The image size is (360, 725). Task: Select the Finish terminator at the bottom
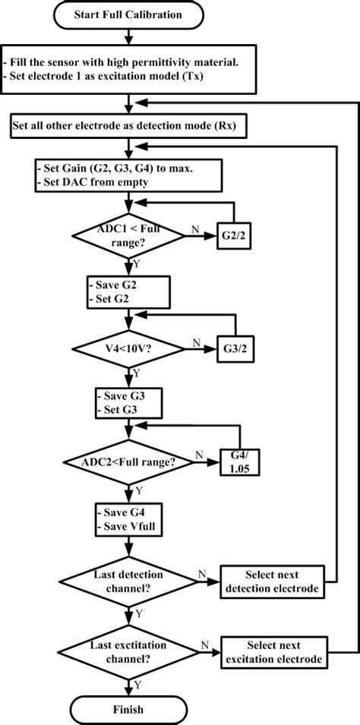coord(133,709)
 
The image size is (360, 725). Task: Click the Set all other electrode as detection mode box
coord(132,125)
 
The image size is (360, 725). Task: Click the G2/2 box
coord(235,235)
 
